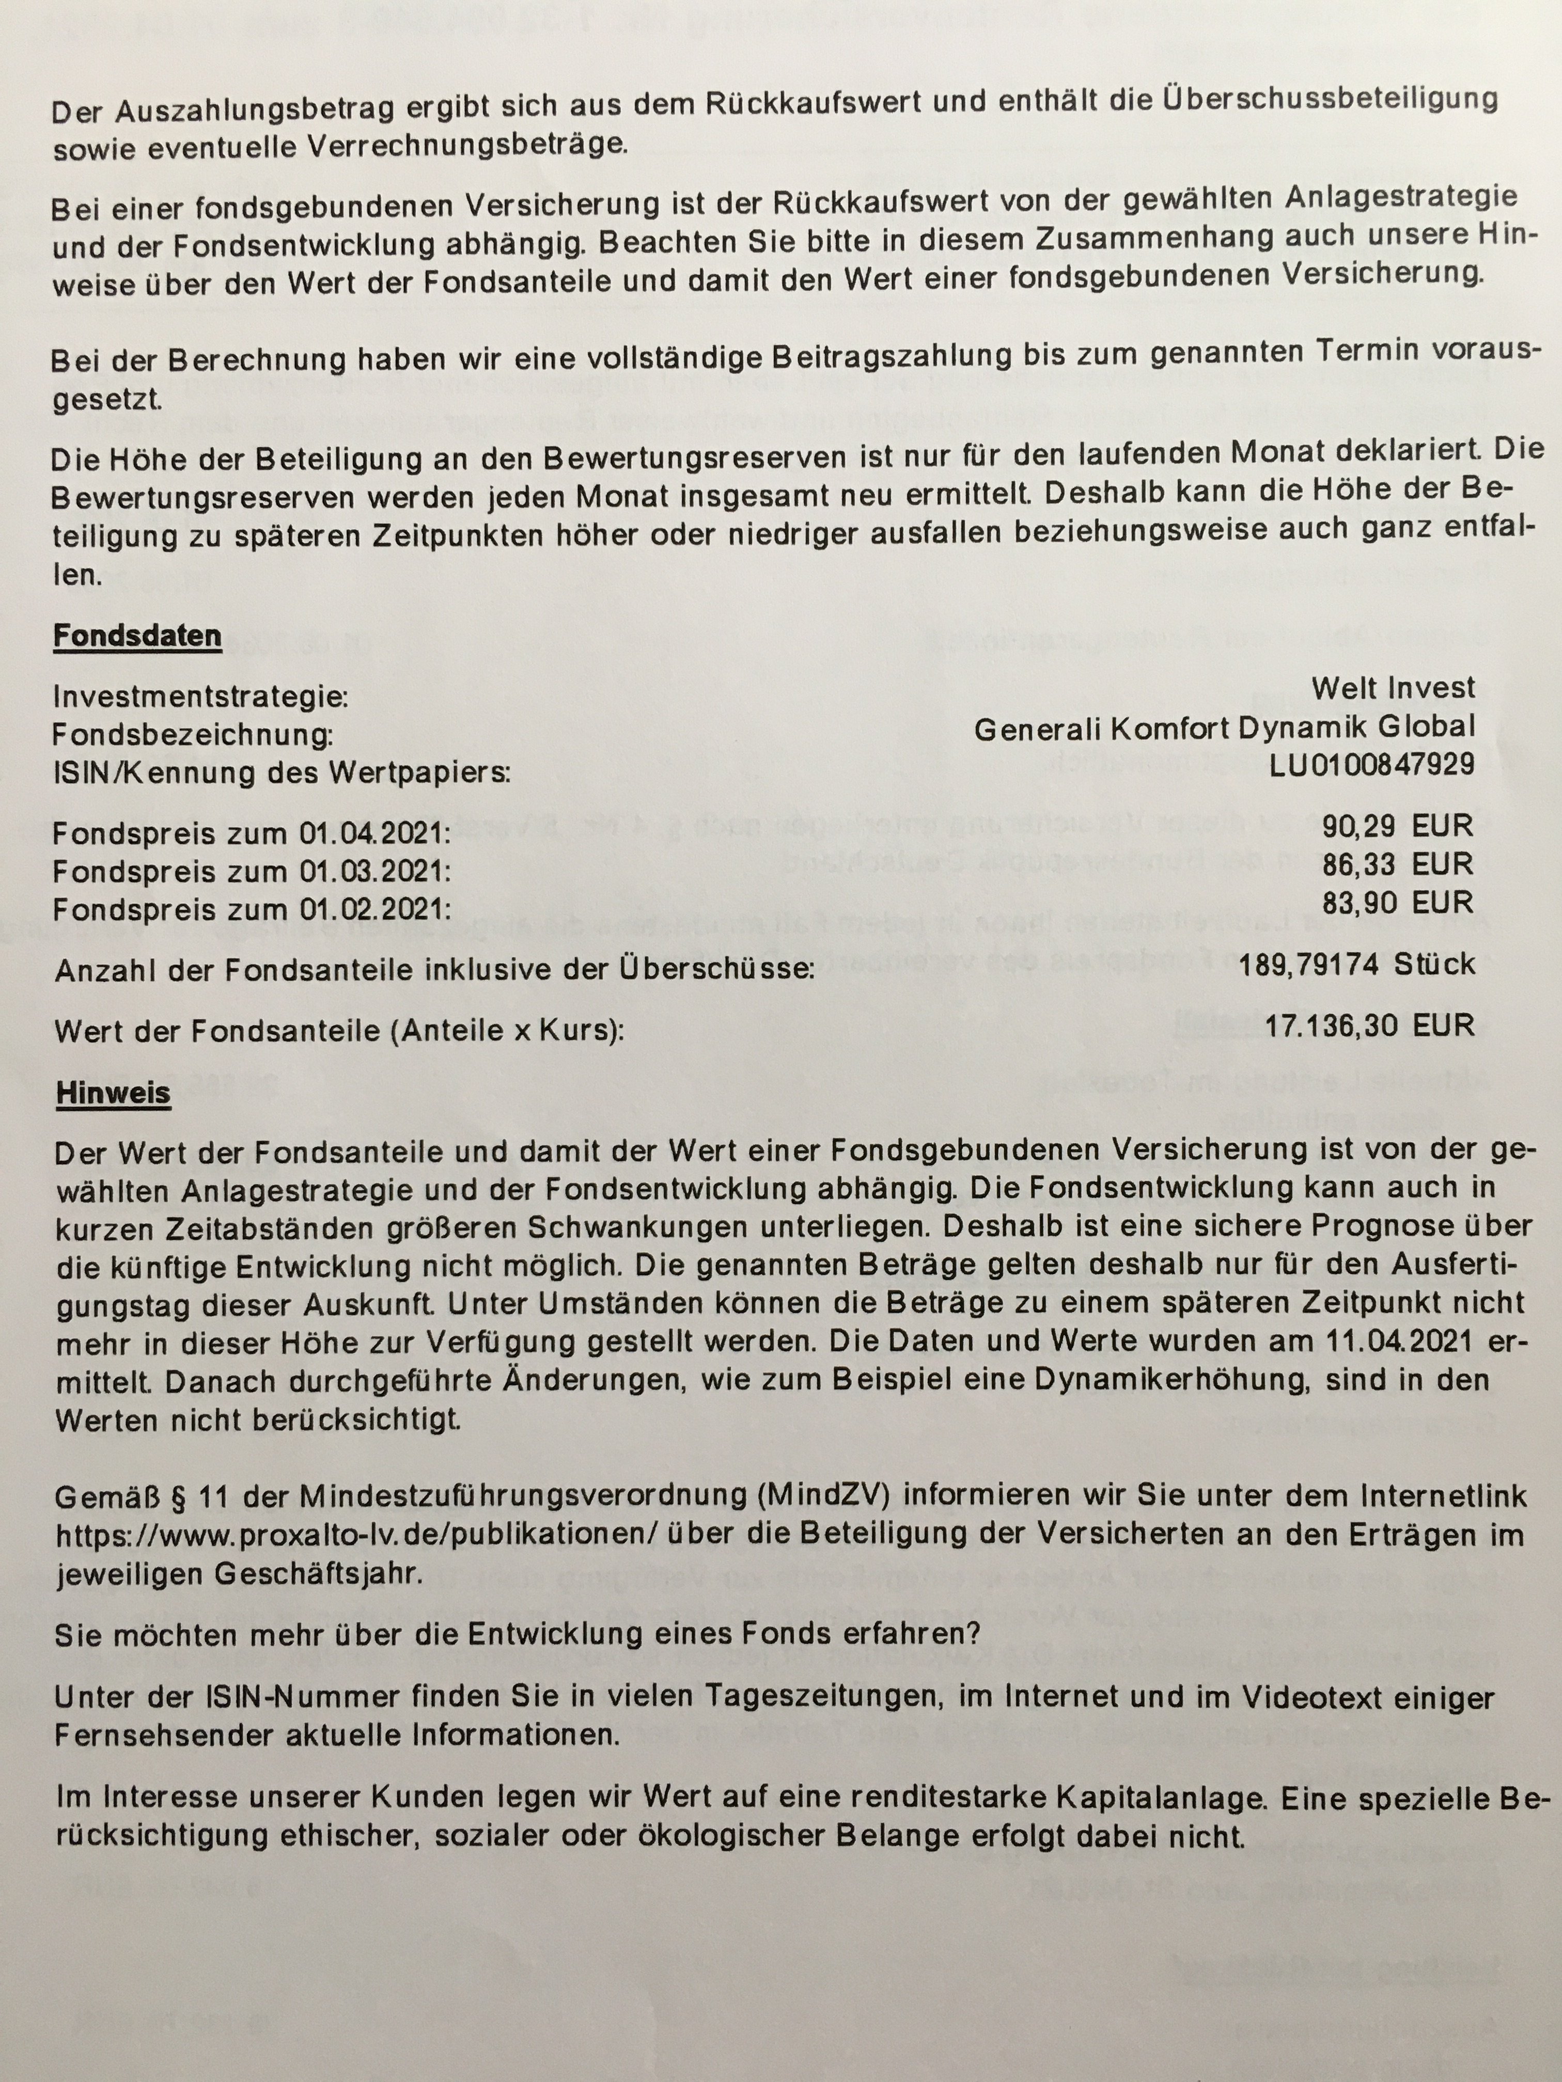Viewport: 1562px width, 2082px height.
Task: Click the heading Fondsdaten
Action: (x=136, y=636)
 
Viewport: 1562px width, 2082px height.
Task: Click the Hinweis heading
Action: (x=113, y=1093)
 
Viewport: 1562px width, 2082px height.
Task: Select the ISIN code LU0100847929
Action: (x=1371, y=764)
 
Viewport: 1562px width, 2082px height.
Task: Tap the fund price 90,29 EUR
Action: (x=1397, y=826)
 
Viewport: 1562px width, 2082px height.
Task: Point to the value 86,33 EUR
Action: (x=1397, y=864)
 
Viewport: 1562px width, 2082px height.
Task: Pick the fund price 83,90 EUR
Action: (x=1397, y=903)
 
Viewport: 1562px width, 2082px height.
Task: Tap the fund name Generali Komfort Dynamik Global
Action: (x=1224, y=727)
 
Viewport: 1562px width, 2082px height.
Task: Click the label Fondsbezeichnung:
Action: (x=193, y=735)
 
